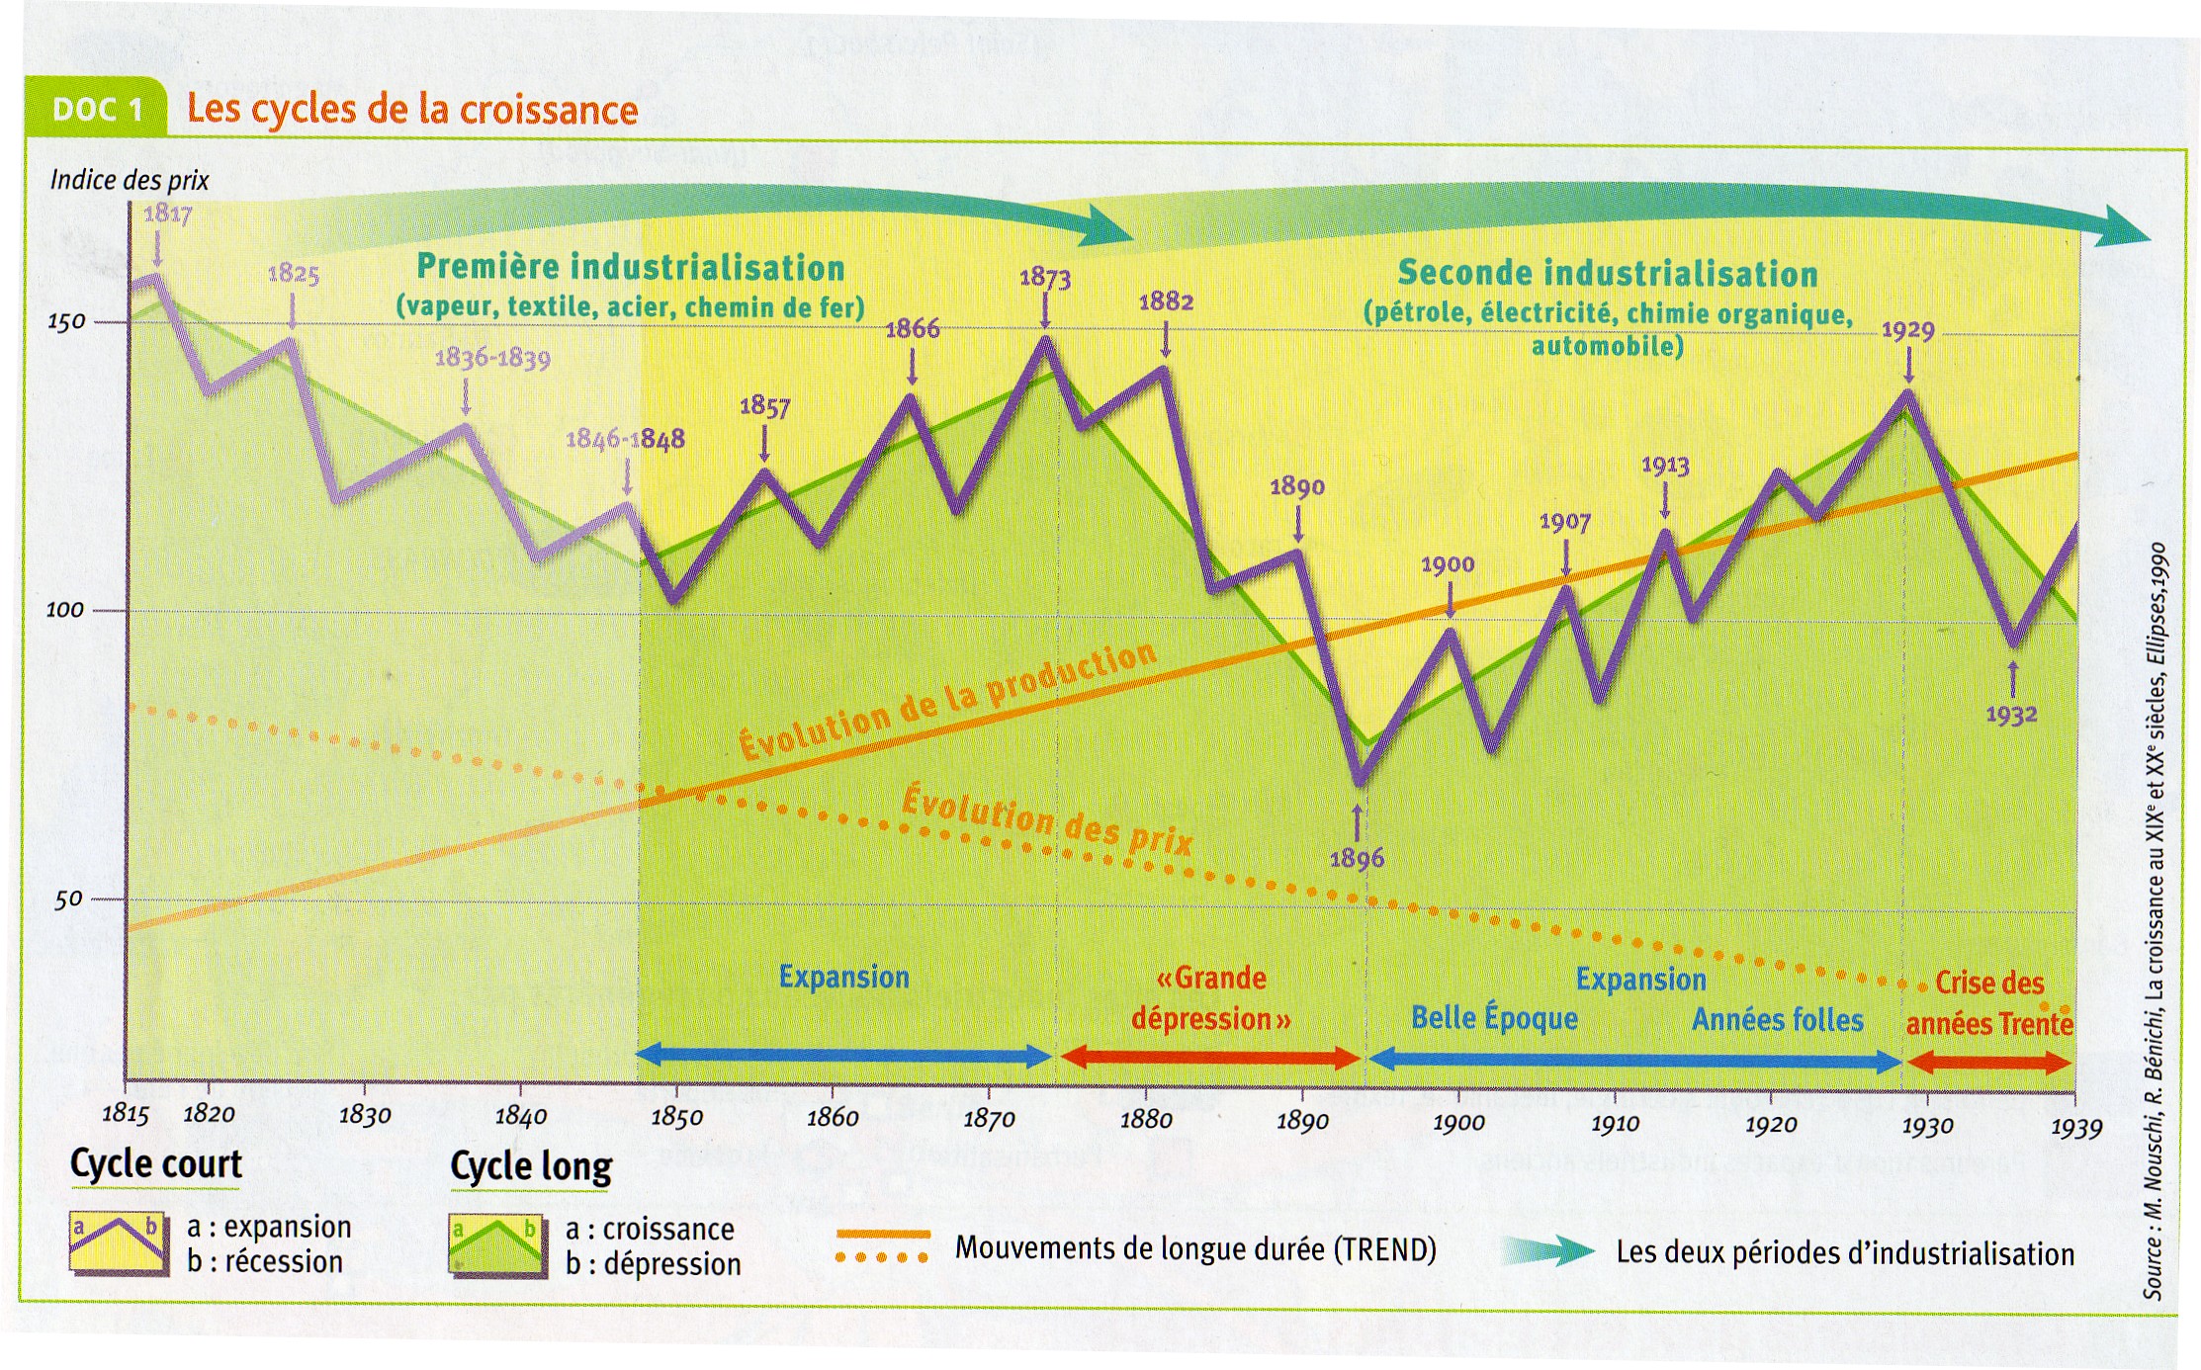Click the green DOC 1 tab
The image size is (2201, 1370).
pos(97,109)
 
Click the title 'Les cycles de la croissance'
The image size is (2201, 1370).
pos(412,109)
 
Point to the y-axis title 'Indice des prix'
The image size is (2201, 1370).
pos(130,180)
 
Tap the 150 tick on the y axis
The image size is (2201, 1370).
pos(66,322)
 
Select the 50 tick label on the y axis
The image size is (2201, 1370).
pos(68,899)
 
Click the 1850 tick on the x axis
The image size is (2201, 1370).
pos(676,1117)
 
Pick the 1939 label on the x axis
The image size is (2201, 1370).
pos(2075,1128)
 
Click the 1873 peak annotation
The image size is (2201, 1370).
pos(1045,278)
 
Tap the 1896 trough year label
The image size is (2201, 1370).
pos(1357,858)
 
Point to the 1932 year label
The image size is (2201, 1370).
pos(2011,714)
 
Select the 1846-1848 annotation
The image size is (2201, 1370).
pos(625,439)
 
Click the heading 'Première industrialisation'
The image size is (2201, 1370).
pos(631,267)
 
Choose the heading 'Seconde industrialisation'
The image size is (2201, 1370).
pos(1608,273)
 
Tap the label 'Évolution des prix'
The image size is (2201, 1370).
pos(1047,819)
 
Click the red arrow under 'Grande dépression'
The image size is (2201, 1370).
pos(1210,1059)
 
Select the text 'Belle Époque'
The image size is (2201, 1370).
pos(1494,1018)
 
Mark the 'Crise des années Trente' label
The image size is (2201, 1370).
pos(1988,1002)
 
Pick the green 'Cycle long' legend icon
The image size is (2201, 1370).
pos(496,1244)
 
